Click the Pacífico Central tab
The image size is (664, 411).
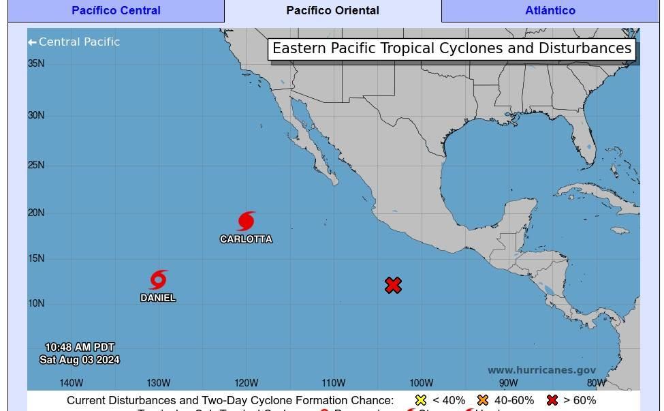(x=116, y=11)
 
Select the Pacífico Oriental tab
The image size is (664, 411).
(x=332, y=11)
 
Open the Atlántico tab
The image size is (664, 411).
(x=550, y=11)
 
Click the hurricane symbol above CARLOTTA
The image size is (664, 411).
(x=247, y=221)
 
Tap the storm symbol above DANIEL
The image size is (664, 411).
(x=158, y=279)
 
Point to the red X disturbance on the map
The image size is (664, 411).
(x=393, y=285)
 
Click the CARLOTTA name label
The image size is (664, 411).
(x=246, y=239)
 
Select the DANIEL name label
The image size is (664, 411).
(x=158, y=298)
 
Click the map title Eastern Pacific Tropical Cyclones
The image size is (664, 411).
(x=452, y=48)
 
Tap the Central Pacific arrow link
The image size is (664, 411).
(x=74, y=42)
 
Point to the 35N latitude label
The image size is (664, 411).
(x=36, y=63)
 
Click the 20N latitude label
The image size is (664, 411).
(x=36, y=213)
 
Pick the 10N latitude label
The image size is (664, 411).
(x=36, y=303)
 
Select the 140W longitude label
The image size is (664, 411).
(x=72, y=383)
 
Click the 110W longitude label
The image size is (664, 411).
(x=334, y=383)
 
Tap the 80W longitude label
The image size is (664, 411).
(x=596, y=383)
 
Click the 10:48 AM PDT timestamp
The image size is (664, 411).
(x=80, y=348)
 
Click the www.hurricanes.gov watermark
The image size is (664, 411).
(x=541, y=371)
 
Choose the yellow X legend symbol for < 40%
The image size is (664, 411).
(x=421, y=400)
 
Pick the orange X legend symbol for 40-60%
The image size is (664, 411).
(x=483, y=400)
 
